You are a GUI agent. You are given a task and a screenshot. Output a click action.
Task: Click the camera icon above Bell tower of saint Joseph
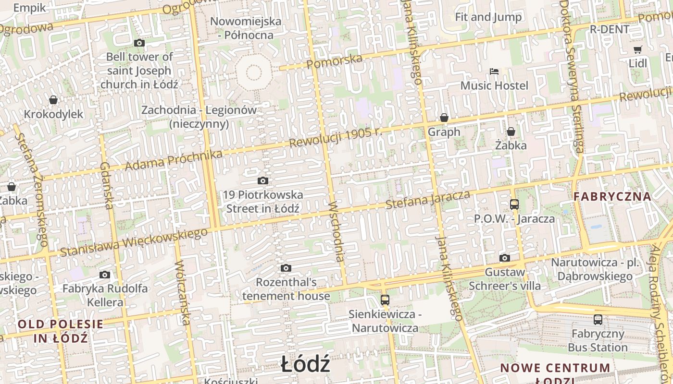coord(139,43)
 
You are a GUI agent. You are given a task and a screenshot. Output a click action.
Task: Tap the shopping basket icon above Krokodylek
coord(53,100)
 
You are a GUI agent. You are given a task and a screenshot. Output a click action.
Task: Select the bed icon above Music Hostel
coord(494,72)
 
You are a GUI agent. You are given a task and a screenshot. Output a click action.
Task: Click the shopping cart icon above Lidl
coord(638,49)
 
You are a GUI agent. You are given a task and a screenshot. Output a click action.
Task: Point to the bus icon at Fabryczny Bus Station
coord(598,319)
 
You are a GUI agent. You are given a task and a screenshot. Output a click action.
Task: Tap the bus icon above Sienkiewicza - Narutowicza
coord(385,300)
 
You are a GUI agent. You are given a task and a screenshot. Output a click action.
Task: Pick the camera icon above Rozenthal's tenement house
coord(286,268)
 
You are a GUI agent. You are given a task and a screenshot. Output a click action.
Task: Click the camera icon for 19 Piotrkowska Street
coord(262,181)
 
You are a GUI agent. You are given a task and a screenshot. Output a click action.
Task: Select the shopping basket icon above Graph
coord(444,118)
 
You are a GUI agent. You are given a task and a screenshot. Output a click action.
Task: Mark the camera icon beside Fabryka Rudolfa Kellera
coord(105,275)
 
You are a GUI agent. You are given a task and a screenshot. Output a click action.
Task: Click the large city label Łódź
coord(306,365)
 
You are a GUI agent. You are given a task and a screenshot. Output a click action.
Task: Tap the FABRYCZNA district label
coord(612,196)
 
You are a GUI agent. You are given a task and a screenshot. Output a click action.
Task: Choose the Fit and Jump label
coord(488,17)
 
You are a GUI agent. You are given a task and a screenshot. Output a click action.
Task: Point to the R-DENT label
coord(610,29)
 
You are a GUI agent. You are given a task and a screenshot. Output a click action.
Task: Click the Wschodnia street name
coord(336,231)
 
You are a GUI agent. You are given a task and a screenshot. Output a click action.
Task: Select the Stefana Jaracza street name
coord(428,199)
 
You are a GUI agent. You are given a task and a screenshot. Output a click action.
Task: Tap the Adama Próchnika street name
coord(174,160)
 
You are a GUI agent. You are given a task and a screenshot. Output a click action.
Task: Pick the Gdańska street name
coord(106,185)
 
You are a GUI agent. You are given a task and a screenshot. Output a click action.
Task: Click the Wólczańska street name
coord(183,293)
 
